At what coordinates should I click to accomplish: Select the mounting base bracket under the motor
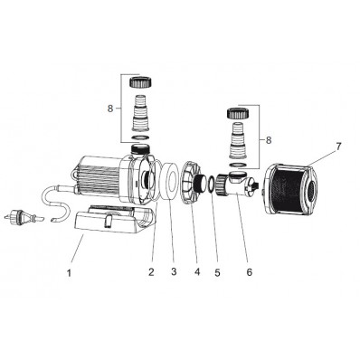[108, 223]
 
